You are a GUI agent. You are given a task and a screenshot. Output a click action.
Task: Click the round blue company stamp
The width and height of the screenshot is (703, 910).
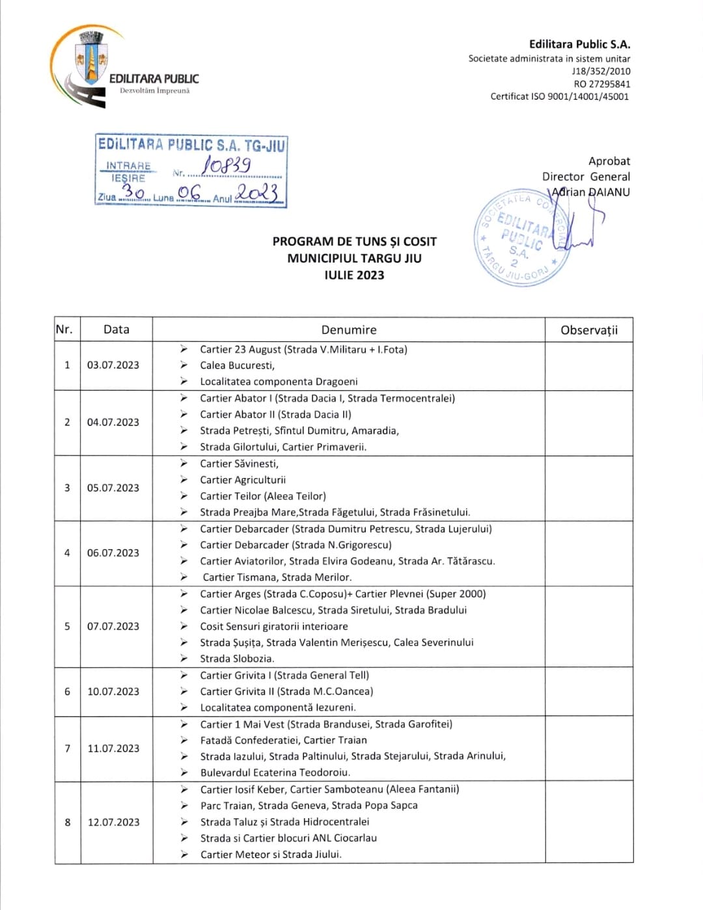(x=523, y=238)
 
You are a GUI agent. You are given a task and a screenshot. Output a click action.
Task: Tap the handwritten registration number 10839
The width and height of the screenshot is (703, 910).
(x=226, y=165)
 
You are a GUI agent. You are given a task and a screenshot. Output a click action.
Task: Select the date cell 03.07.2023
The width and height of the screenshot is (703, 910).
(x=113, y=365)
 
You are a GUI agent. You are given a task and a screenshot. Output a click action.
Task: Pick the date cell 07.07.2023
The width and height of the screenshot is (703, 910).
(x=113, y=627)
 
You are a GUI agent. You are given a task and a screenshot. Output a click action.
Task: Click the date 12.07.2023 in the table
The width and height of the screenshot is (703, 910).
(x=114, y=822)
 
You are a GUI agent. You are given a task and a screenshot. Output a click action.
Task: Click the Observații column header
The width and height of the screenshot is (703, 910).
(x=588, y=330)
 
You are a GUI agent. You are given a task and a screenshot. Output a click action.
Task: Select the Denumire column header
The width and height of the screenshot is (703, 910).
(x=349, y=330)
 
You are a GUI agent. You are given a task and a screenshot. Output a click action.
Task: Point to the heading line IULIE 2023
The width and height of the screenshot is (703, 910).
(x=354, y=275)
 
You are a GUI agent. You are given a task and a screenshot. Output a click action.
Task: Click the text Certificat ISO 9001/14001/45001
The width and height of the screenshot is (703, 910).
(x=560, y=96)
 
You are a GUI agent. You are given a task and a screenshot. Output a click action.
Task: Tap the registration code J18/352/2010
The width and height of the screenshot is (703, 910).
(x=601, y=71)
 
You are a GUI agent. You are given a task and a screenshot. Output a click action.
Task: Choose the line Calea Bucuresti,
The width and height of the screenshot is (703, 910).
(x=237, y=365)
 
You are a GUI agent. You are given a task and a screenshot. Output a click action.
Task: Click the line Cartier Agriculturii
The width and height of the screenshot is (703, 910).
(x=243, y=480)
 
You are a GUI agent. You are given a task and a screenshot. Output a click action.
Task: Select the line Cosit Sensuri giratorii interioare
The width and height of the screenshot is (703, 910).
(x=274, y=627)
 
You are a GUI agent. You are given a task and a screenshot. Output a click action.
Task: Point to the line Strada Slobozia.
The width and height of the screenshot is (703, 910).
(x=237, y=659)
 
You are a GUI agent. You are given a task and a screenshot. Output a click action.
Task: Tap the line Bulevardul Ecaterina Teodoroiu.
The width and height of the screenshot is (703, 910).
(x=275, y=773)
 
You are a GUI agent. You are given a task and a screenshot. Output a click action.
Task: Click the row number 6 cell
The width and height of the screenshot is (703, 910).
(x=67, y=692)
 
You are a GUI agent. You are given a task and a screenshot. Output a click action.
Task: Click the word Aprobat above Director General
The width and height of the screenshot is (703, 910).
(x=609, y=161)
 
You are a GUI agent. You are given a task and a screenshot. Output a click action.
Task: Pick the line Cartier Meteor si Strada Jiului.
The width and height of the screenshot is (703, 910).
(x=271, y=855)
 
